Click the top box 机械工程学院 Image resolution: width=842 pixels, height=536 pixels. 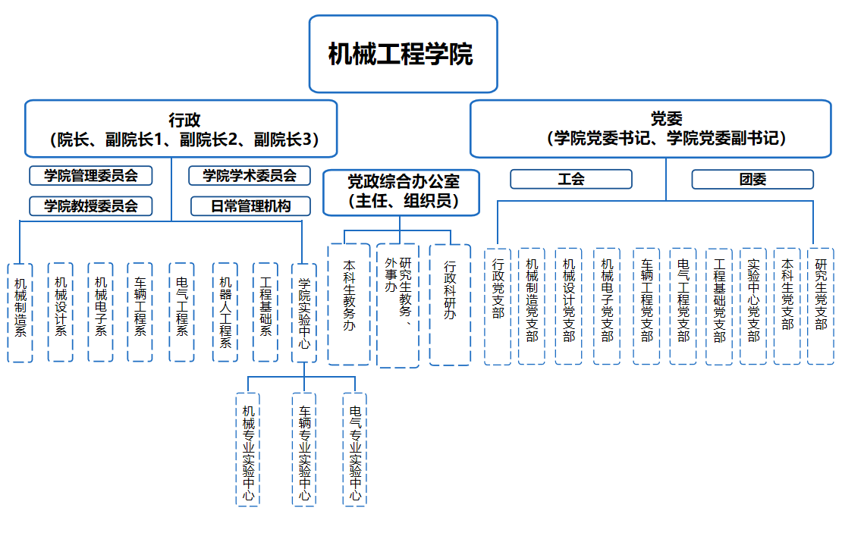point(403,54)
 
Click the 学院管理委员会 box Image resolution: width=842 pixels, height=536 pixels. point(91,176)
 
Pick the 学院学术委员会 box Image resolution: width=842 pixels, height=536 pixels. point(250,176)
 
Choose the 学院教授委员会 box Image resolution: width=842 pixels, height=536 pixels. point(91,205)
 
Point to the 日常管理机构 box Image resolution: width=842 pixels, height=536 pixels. point(250,205)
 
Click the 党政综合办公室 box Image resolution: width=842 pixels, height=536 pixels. point(402,193)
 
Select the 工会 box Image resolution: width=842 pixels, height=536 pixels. point(570,179)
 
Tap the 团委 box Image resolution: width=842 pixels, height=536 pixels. point(752,179)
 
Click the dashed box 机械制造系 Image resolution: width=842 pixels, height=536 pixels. point(20,312)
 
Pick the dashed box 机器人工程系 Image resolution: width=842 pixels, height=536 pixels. point(225,312)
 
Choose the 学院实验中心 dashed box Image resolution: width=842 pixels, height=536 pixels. point(303,312)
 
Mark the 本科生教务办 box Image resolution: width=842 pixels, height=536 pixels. point(349,304)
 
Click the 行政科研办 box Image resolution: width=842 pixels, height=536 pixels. point(451,304)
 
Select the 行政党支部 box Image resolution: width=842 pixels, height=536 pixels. point(498,306)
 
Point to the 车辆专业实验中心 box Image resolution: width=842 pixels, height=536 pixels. point(303,449)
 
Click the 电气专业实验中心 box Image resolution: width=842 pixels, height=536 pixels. point(354,449)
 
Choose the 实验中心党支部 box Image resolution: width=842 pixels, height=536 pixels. point(753,306)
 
